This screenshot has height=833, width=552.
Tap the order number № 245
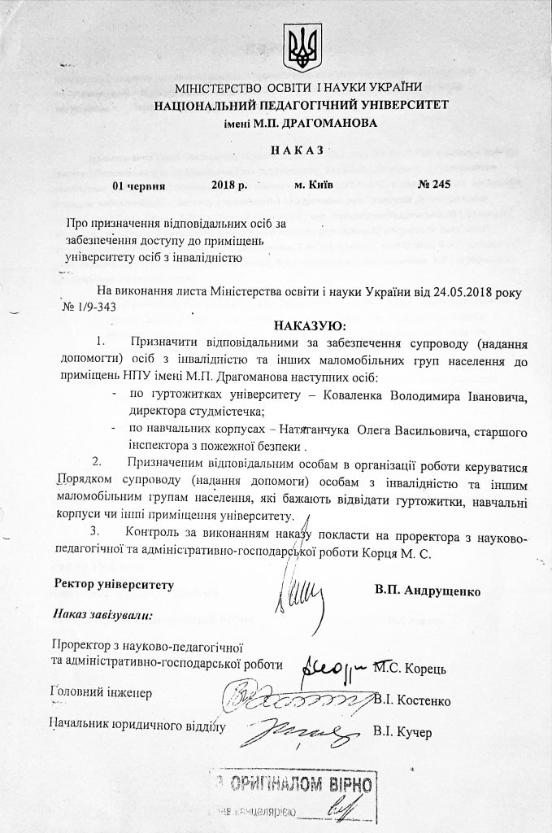429,185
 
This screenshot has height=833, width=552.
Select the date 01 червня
140,185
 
